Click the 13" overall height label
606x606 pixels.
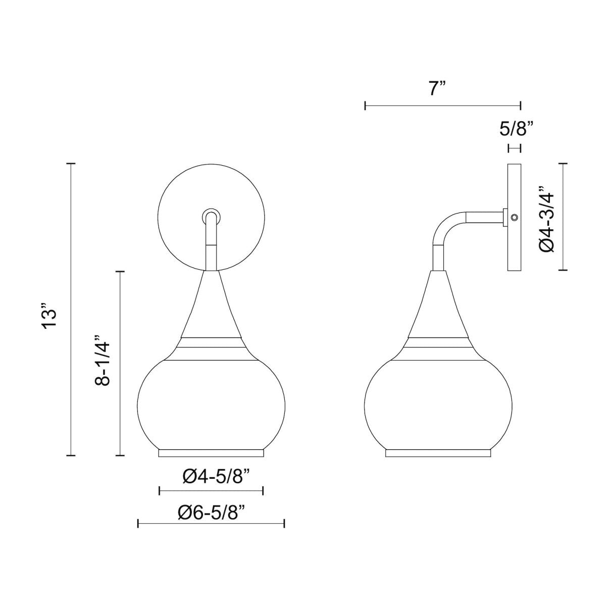point(51,316)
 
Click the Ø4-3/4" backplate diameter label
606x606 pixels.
point(548,217)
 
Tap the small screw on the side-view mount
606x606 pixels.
point(514,217)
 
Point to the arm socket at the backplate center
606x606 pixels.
point(211,216)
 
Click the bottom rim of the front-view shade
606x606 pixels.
point(211,452)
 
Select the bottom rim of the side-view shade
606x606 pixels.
point(438,452)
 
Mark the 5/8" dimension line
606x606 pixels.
point(514,148)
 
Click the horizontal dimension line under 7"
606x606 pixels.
point(442,106)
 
